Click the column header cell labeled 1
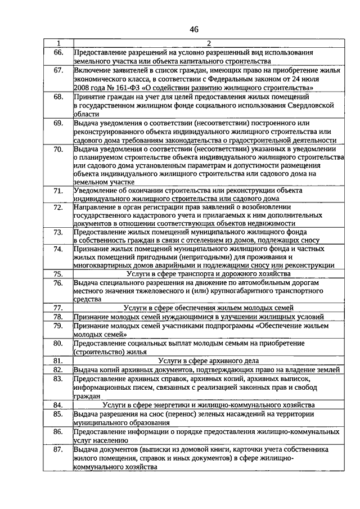click(58, 43)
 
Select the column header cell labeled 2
click(208, 43)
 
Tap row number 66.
click(58, 52)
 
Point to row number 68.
click(58, 97)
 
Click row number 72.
click(58, 208)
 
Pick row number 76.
click(58, 282)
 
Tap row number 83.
click(58, 379)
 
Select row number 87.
click(58, 450)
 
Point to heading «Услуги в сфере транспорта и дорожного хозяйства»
click(208, 273)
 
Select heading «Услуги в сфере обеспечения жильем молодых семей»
click(208, 308)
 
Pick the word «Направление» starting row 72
click(96, 208)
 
